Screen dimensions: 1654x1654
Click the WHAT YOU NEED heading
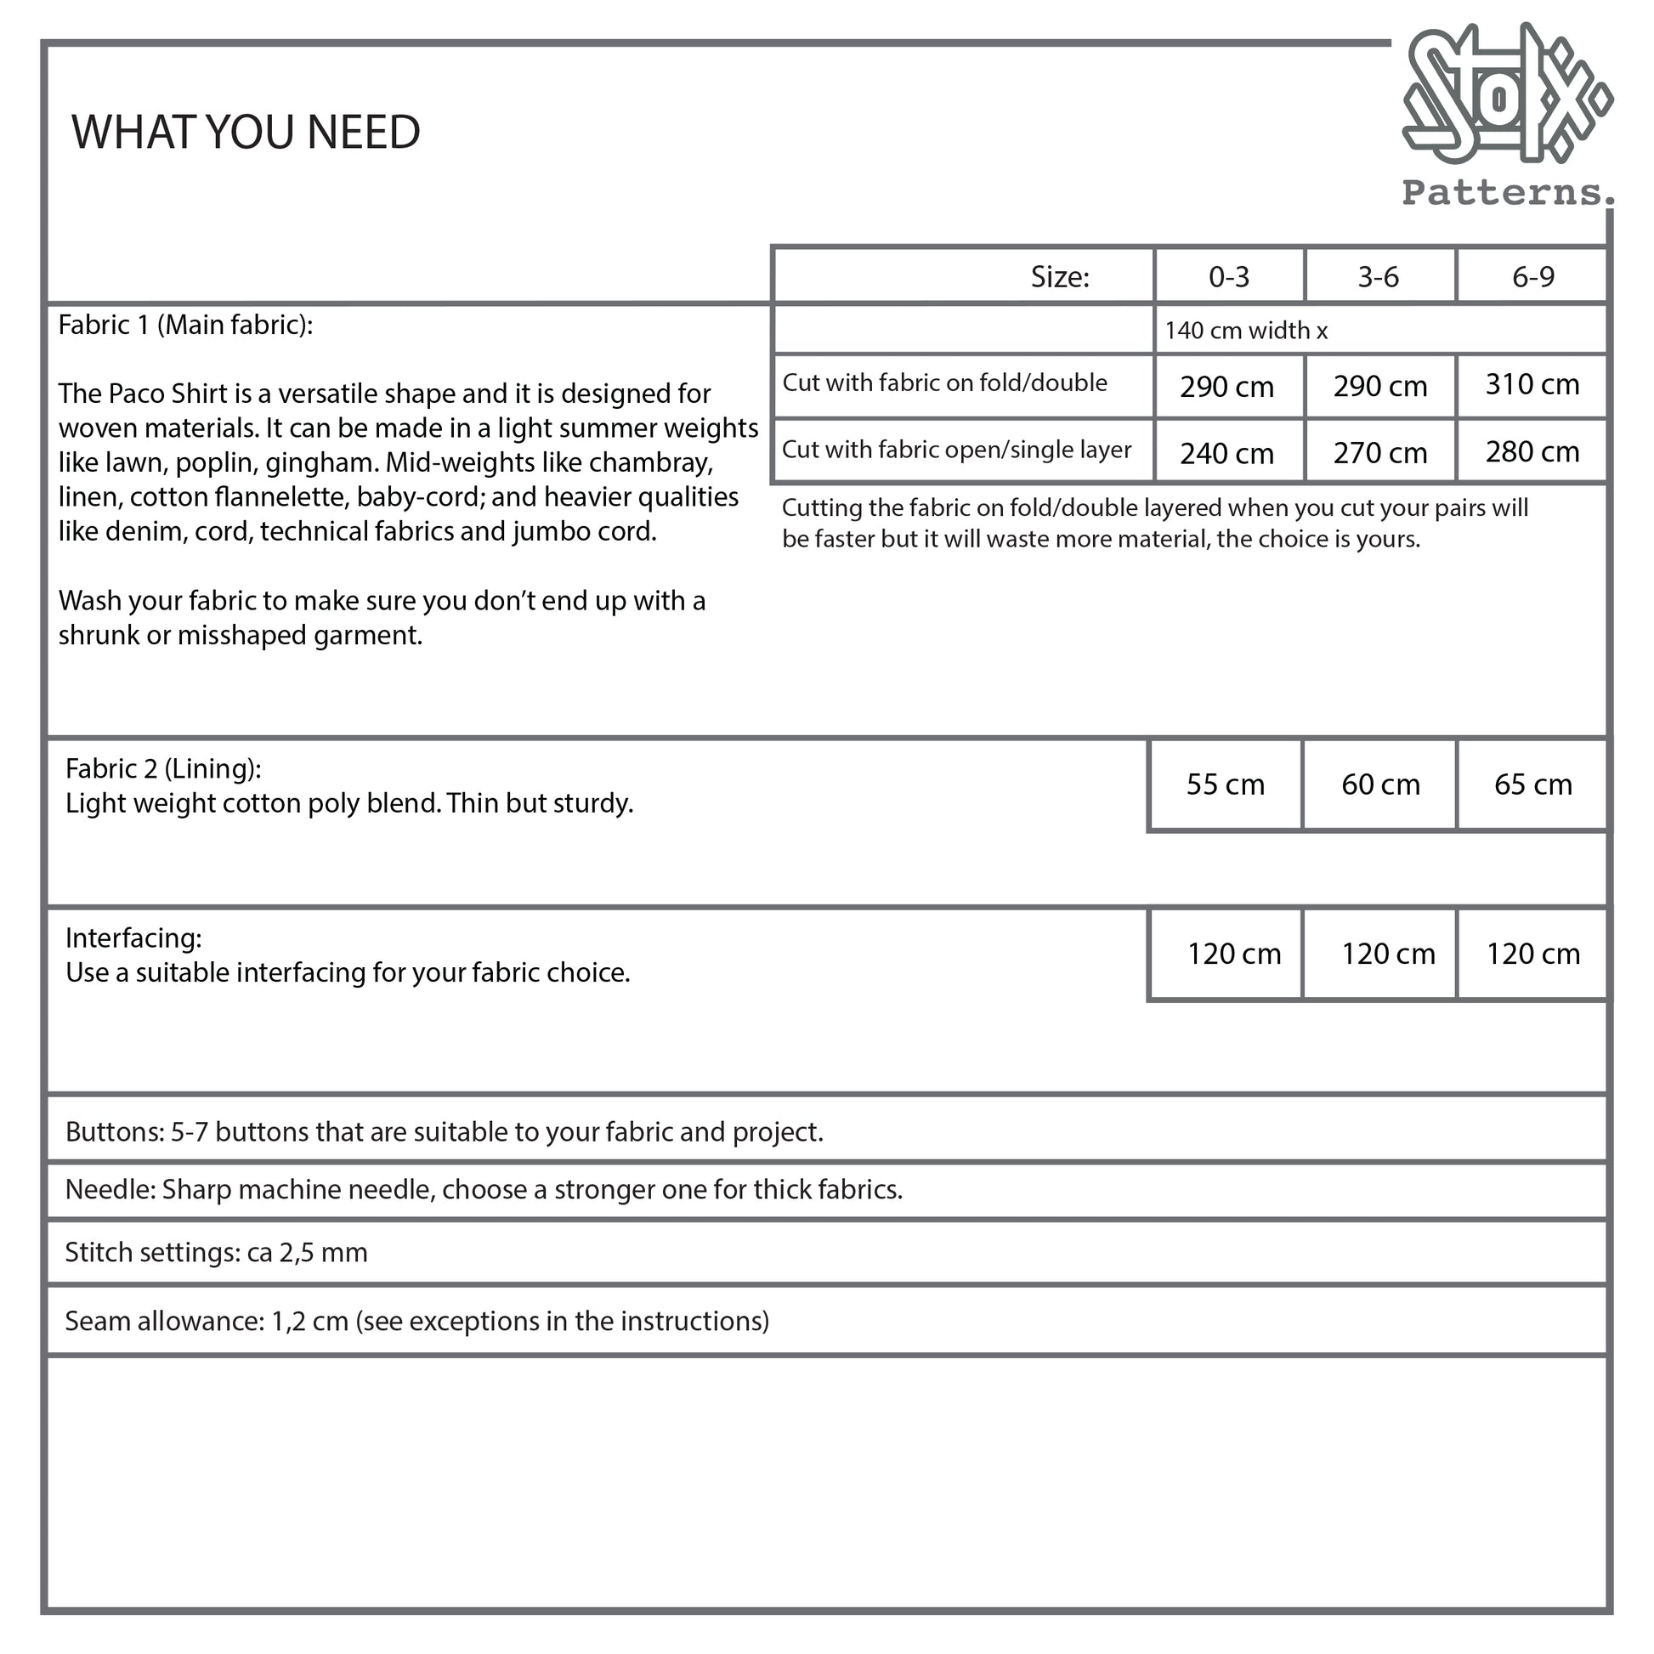tap(246, 132)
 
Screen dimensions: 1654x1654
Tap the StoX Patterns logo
tap(1506, 116)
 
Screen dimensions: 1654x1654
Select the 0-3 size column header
tap(1228, 276)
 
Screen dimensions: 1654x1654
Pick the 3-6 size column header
tap(1379, 276)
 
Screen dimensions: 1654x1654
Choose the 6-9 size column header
tap(1532, 276)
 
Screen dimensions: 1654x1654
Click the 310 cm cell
tap(1532, 384)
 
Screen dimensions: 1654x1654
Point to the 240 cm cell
tap(1226, 453)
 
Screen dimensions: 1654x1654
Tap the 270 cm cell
tap(1379, 453)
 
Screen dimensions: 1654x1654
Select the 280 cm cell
tap(1532, 451)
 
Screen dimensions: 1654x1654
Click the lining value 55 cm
tap(1225, 785)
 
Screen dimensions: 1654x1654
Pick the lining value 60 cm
tap(1380, 785)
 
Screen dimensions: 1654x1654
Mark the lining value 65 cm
tap(1532, 785)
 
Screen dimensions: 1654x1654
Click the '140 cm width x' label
tap(1246, 331)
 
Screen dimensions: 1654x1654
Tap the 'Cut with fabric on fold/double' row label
tap(944, 382)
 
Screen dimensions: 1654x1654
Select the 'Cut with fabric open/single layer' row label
tap(956, 450)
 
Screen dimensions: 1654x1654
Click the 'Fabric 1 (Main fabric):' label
tap(186, 326)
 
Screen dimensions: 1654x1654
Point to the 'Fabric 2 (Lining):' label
tap(163, 769)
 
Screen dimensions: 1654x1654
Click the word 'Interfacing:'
tap(133, 938)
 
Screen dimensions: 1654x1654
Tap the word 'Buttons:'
tap(115, 1132)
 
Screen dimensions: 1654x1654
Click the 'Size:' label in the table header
tap(1059, 276)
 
